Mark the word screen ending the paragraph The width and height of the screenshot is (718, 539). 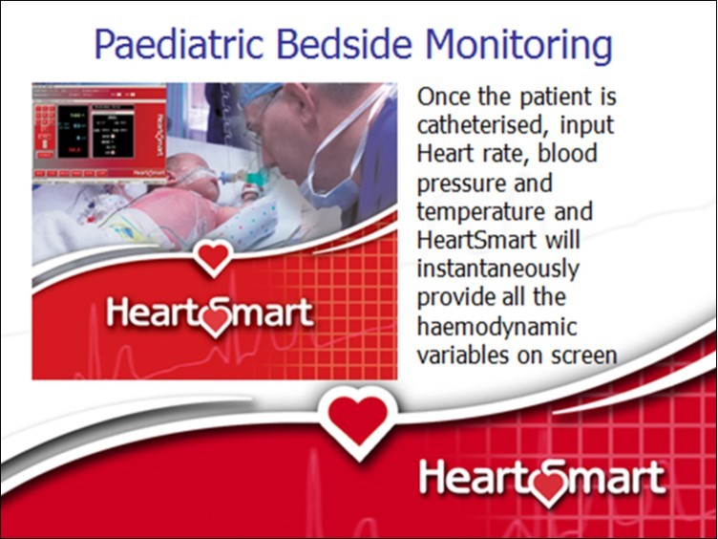coord(582,354)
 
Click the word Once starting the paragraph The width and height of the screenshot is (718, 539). coord(444,97)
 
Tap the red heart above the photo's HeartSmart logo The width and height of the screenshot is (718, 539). coord(213,256)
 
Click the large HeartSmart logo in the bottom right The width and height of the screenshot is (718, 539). coord(542,478)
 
